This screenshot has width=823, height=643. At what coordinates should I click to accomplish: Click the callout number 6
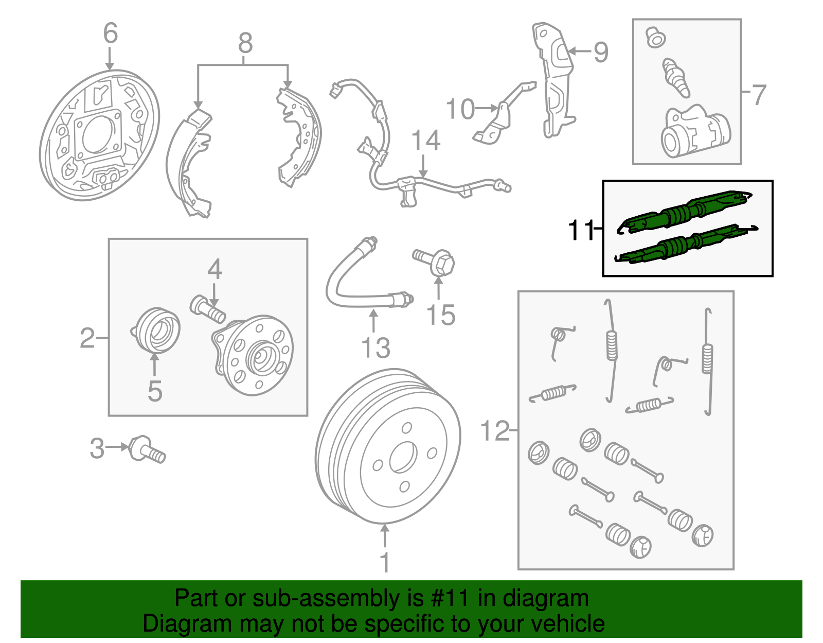click(110, 33)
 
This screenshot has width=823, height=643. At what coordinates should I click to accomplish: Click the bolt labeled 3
click(148, 450)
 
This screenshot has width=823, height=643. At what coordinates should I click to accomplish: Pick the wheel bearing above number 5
click(156, 331)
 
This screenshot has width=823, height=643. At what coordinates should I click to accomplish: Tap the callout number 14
click(426, 141)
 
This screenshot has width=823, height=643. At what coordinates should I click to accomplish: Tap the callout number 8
click(245, 43)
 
